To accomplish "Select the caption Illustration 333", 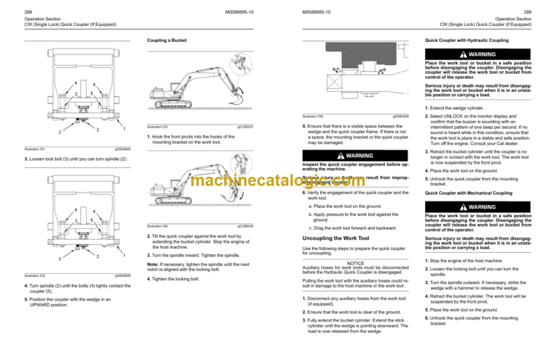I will pos(157,127).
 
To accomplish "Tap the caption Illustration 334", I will pos(157,226).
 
